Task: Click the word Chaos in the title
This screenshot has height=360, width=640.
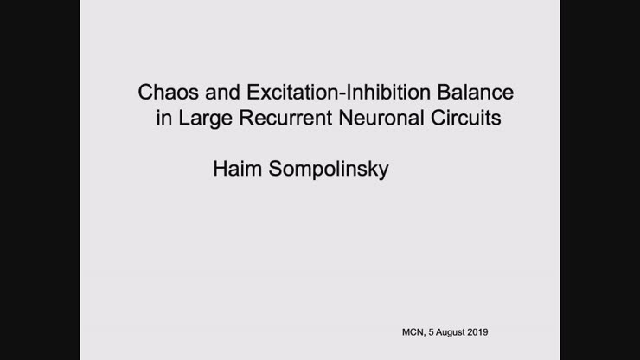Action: click(166, 92)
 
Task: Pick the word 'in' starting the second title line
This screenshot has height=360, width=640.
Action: click(163, 119)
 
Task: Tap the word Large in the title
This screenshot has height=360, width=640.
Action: click(202, 119)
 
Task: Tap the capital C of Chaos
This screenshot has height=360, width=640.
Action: click(145, 92)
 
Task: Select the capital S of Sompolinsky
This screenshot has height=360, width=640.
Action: click(274, 168)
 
